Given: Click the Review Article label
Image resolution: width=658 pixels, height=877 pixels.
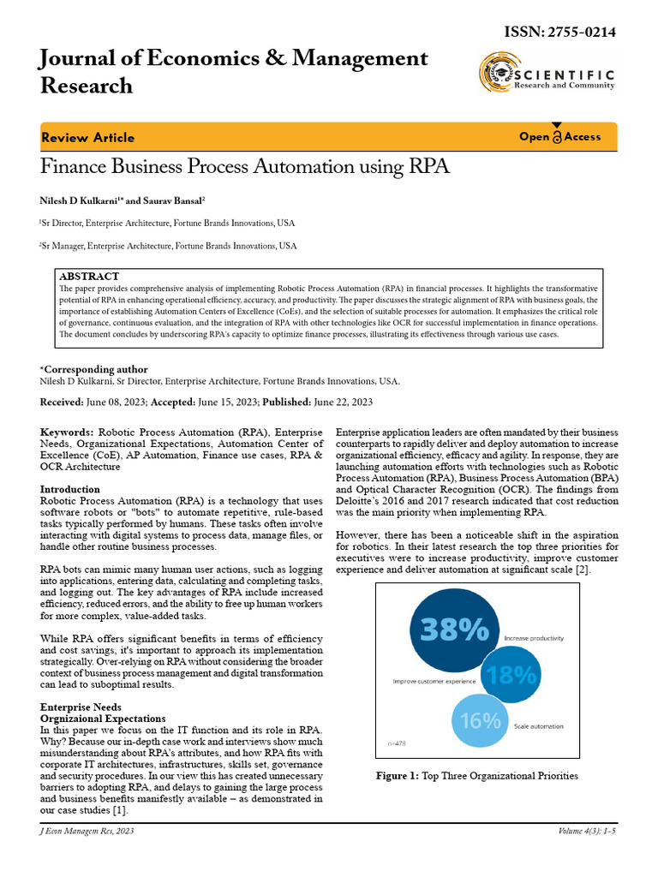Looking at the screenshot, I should [x=87, y=137].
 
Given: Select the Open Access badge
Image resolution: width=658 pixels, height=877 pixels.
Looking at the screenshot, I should [x=559, y=136].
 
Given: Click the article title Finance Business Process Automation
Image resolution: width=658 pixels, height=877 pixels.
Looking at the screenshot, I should [x=244, y=166].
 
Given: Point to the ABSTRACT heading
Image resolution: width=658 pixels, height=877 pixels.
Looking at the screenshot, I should [x=89, y=277].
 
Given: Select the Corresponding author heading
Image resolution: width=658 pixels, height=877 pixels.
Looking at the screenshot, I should [x=93, y=369].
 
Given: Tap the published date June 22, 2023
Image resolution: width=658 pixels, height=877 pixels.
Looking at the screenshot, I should [x=342, y=402].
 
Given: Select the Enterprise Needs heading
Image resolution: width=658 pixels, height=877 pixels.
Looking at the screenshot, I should [x=81, y=707].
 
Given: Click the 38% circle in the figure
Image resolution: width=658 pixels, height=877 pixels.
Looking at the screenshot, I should [x=449, y=630].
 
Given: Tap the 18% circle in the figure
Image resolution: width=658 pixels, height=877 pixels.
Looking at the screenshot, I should [x=511, y=676].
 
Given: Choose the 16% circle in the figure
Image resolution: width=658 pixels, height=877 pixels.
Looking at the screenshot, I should [x=481, y=719].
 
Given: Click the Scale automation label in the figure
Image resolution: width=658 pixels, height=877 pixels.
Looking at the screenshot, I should [x=538, y=726].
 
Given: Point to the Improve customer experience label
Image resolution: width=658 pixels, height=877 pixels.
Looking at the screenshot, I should [x=434, y=681].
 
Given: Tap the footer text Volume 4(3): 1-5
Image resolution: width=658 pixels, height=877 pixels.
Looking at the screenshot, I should [x=590, y=831].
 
